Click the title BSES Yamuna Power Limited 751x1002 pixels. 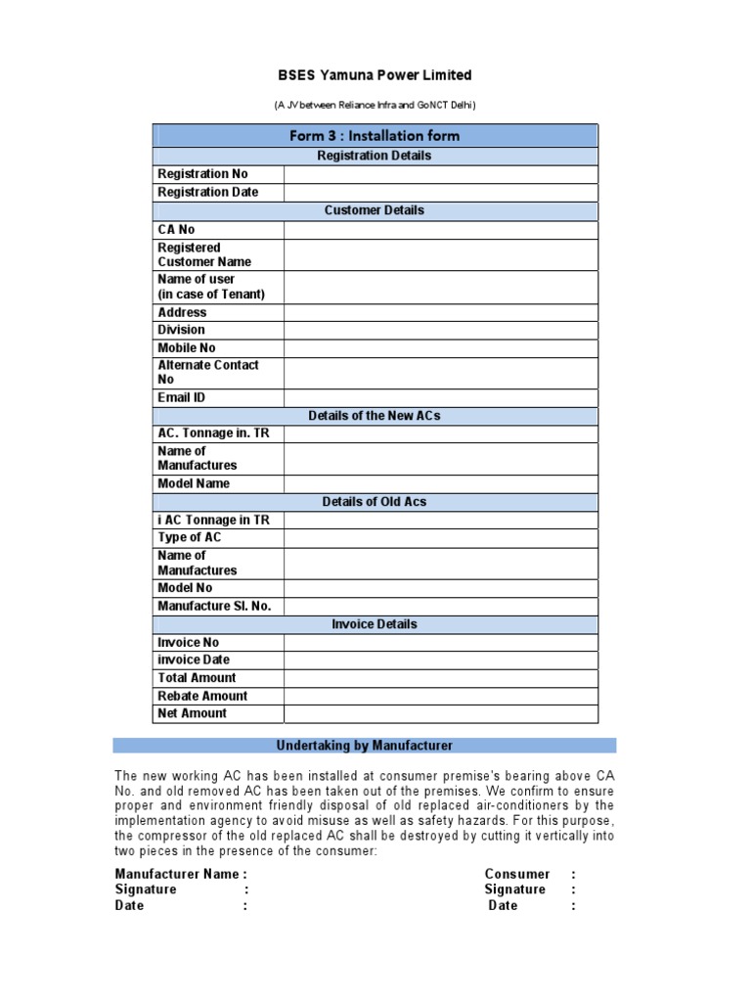coord(375,75)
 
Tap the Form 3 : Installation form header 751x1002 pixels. coord(375,135)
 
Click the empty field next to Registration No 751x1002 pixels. coord(440,174)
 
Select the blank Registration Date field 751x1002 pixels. coord(440,192)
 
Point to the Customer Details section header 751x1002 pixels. coord(375,210)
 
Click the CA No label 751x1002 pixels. coord(177,229)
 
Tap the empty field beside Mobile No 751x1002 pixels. coord(440,347)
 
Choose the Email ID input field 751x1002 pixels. coord(440,397)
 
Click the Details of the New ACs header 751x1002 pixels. coord(375,416)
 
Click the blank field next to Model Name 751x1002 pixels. coord(440,483)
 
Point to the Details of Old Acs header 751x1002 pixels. coord(375,502)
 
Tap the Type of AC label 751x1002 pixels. coord(190,537)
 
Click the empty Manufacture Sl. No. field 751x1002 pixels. coord(440,606)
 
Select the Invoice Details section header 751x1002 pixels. coord(375,624)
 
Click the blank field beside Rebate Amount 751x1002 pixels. coord(440,696)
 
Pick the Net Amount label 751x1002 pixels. coord(192,713)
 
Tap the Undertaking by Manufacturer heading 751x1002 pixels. coord(364,746)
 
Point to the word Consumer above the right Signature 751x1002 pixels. coord(516,874)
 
